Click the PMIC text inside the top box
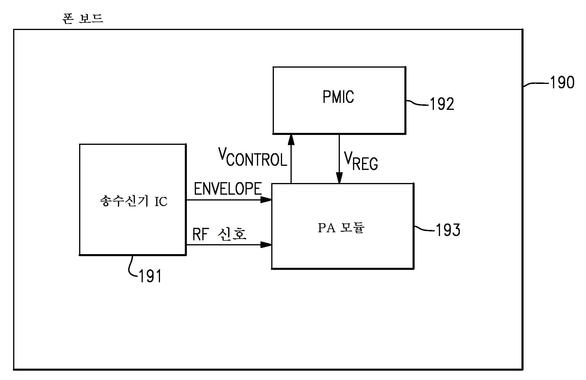point(338,97)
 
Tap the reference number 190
point(562,82)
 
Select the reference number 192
point(442,104)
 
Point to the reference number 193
point(448,230)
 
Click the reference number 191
point(150,276)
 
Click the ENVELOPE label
point(227,189)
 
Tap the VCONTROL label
point(253,157)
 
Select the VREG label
point(361,161)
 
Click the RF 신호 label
point(219,234)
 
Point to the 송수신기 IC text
point(133,201)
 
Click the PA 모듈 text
point(341,228)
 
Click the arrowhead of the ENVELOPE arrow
point(266,200)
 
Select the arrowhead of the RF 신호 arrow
point(266,244)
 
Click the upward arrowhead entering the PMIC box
point(291,140)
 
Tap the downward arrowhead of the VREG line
point(339,177)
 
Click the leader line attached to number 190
point(536,84)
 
